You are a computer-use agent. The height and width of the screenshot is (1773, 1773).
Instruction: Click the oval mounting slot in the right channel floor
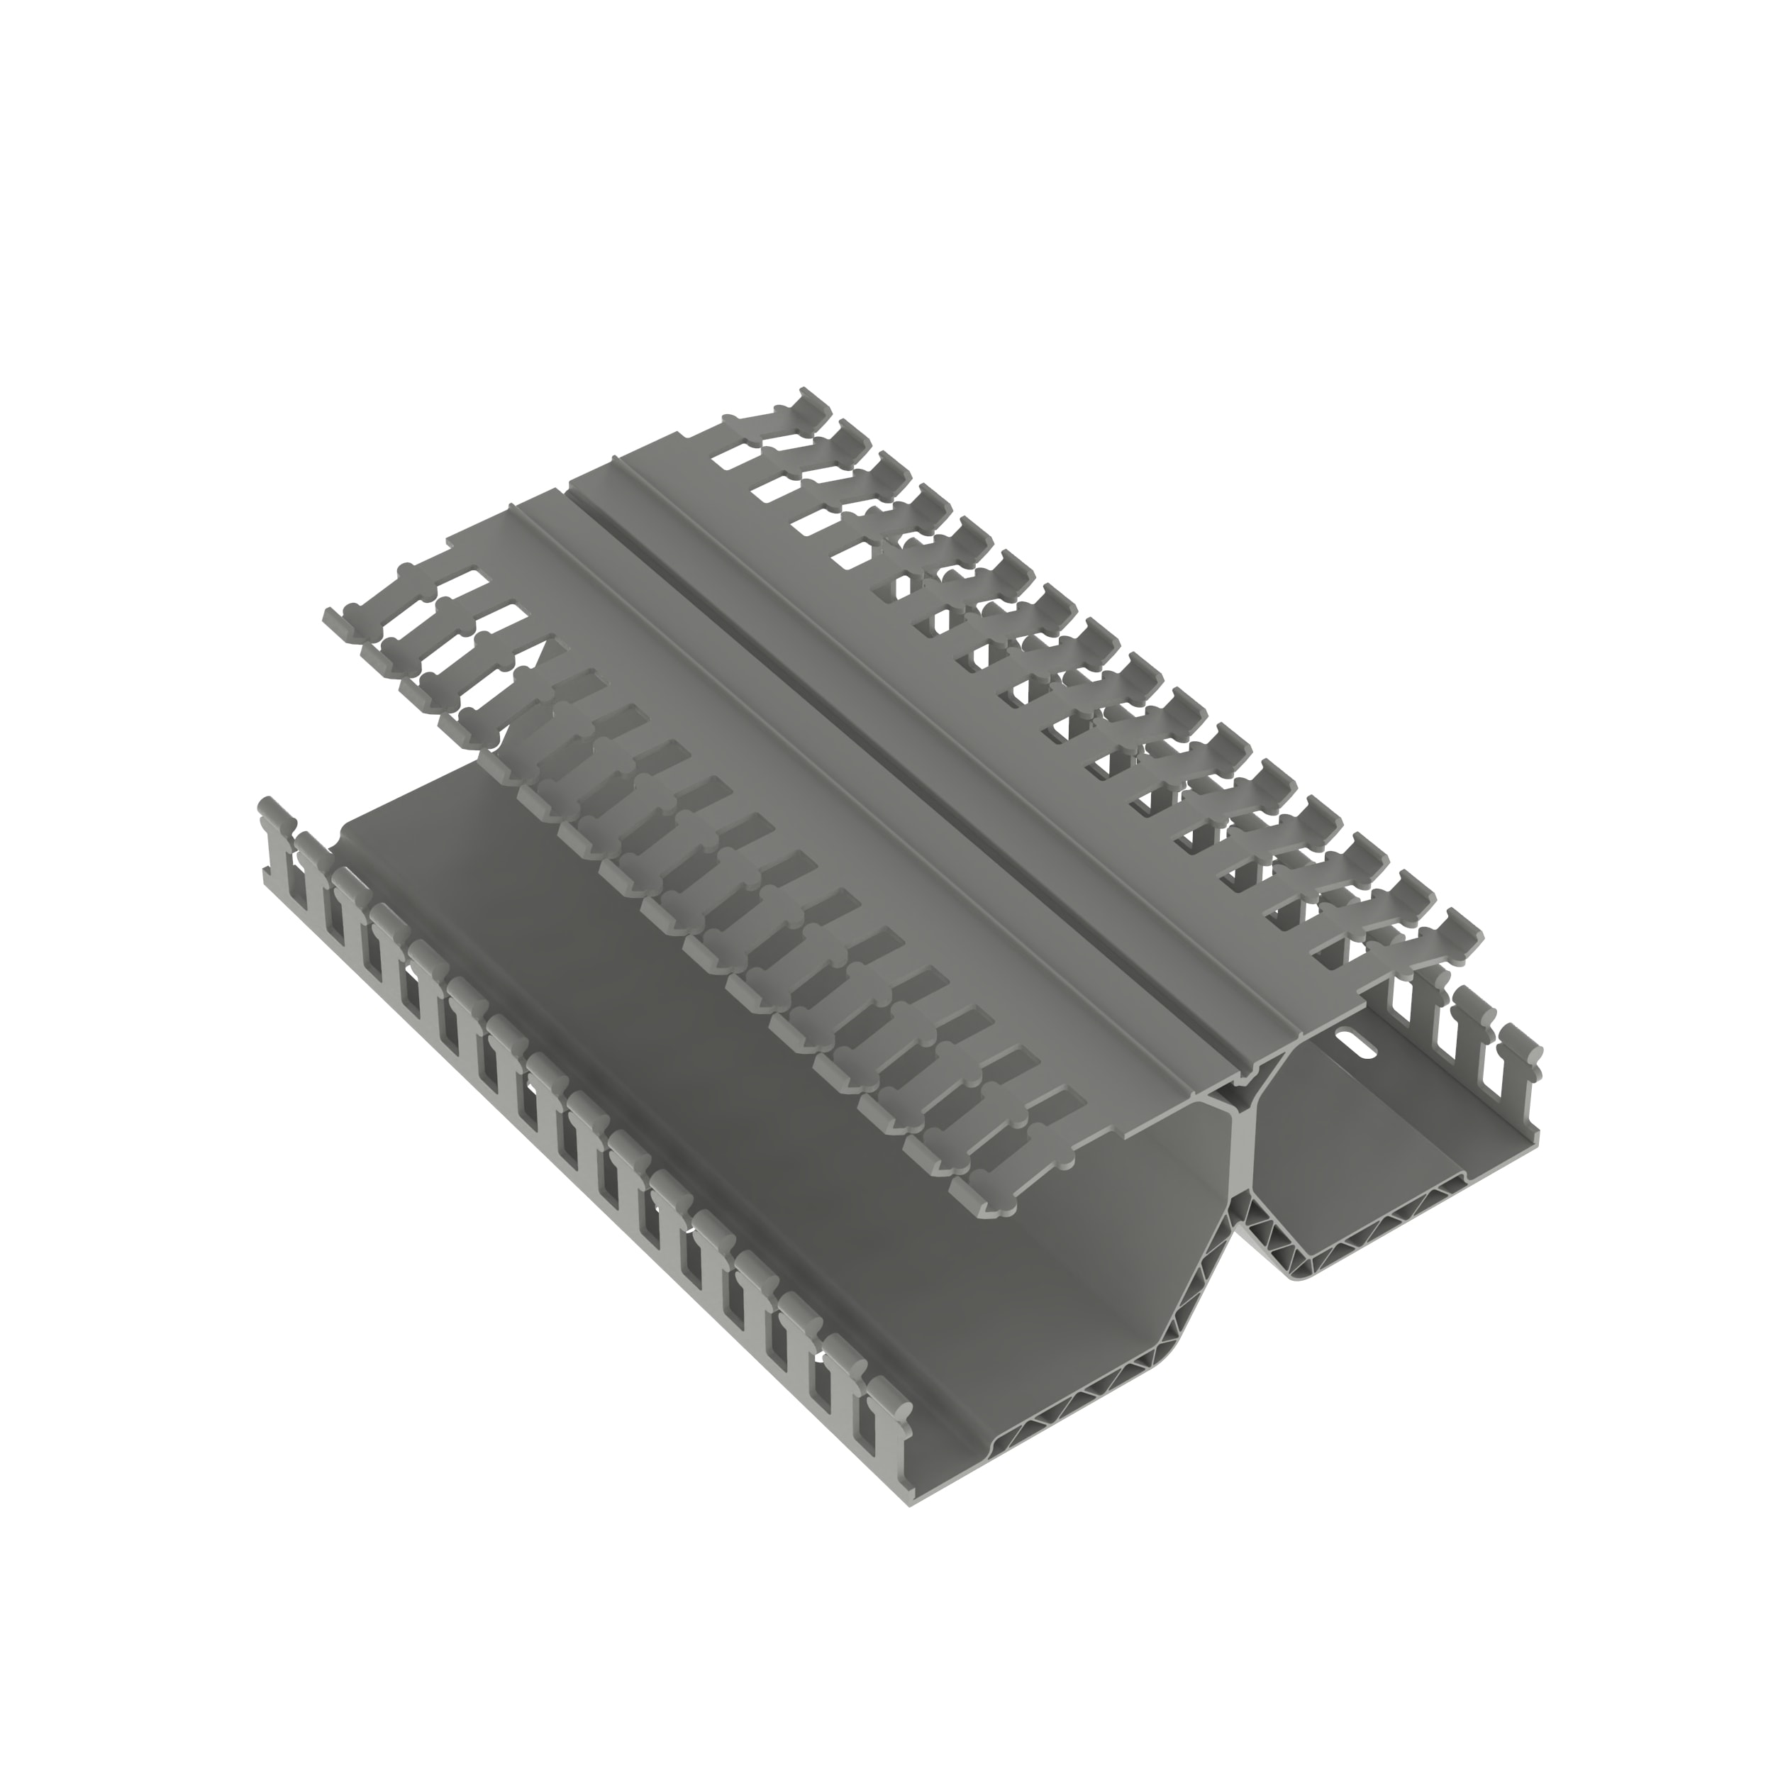click(x=1357, y=1043)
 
